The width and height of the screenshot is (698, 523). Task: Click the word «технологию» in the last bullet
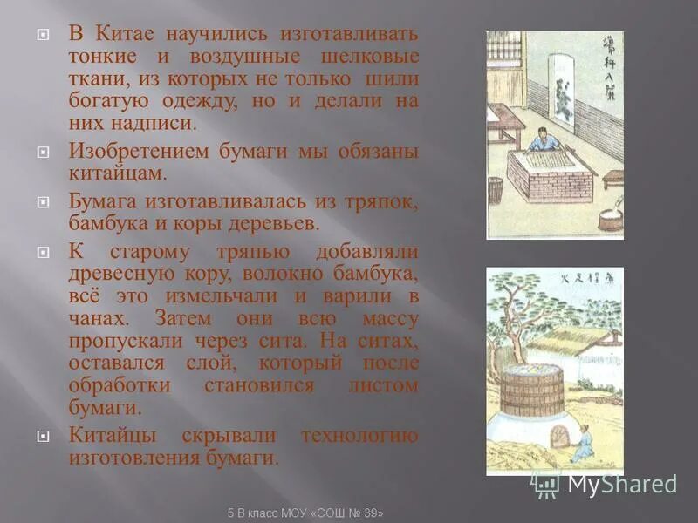pos(359,435)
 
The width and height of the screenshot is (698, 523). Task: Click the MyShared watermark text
pos(621,484)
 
